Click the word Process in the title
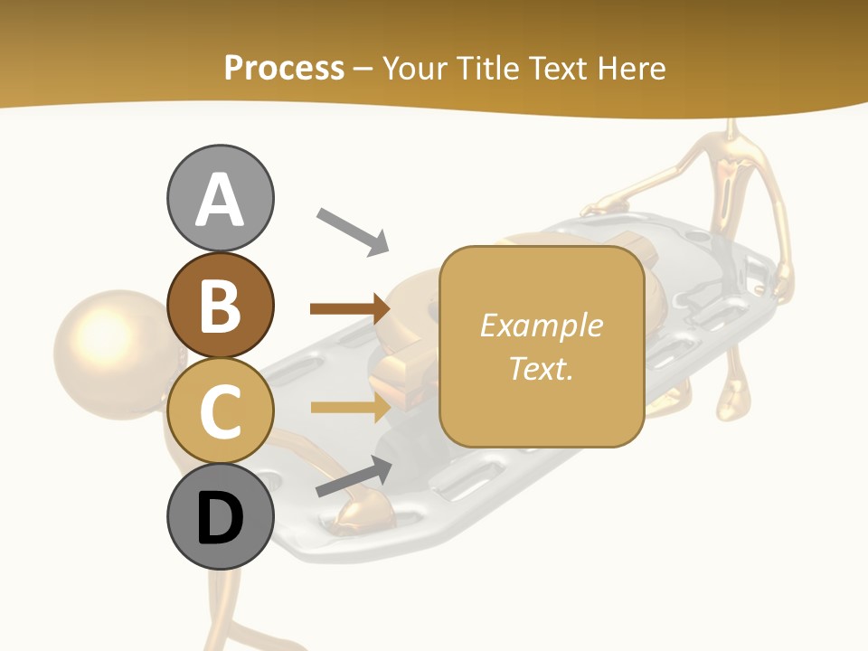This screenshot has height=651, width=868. click(284, 68)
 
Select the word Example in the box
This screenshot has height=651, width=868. click(541, 325)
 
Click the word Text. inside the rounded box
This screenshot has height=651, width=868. click(541, 369)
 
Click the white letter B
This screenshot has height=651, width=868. click(220, 306)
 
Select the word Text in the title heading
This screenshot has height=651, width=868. click(557, 68)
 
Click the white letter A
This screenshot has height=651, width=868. click(220, 199)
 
